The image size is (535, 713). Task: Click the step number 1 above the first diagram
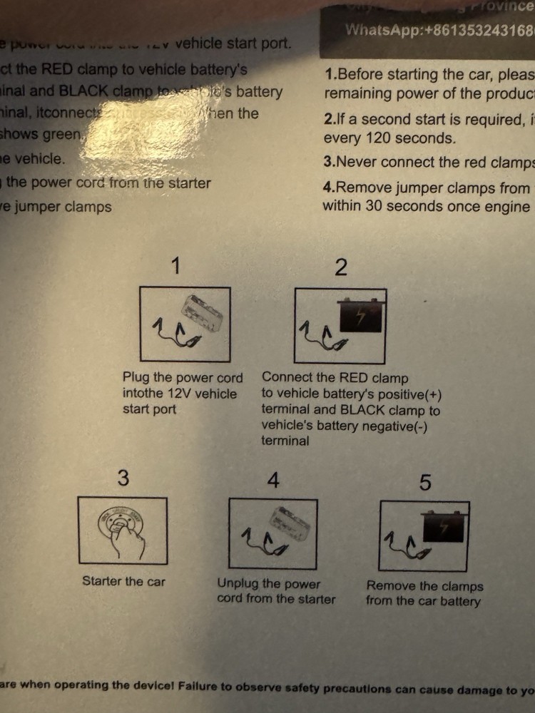tap(176, 267)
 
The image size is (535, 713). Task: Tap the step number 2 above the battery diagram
tap(342, 268)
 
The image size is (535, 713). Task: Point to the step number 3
tap(123, 478)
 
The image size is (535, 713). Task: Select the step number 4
tap(273, 481)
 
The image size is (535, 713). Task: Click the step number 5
tap(425, 483)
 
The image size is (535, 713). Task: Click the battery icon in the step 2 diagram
tap(361, 316)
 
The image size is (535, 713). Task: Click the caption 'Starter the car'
tap(123, 581)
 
